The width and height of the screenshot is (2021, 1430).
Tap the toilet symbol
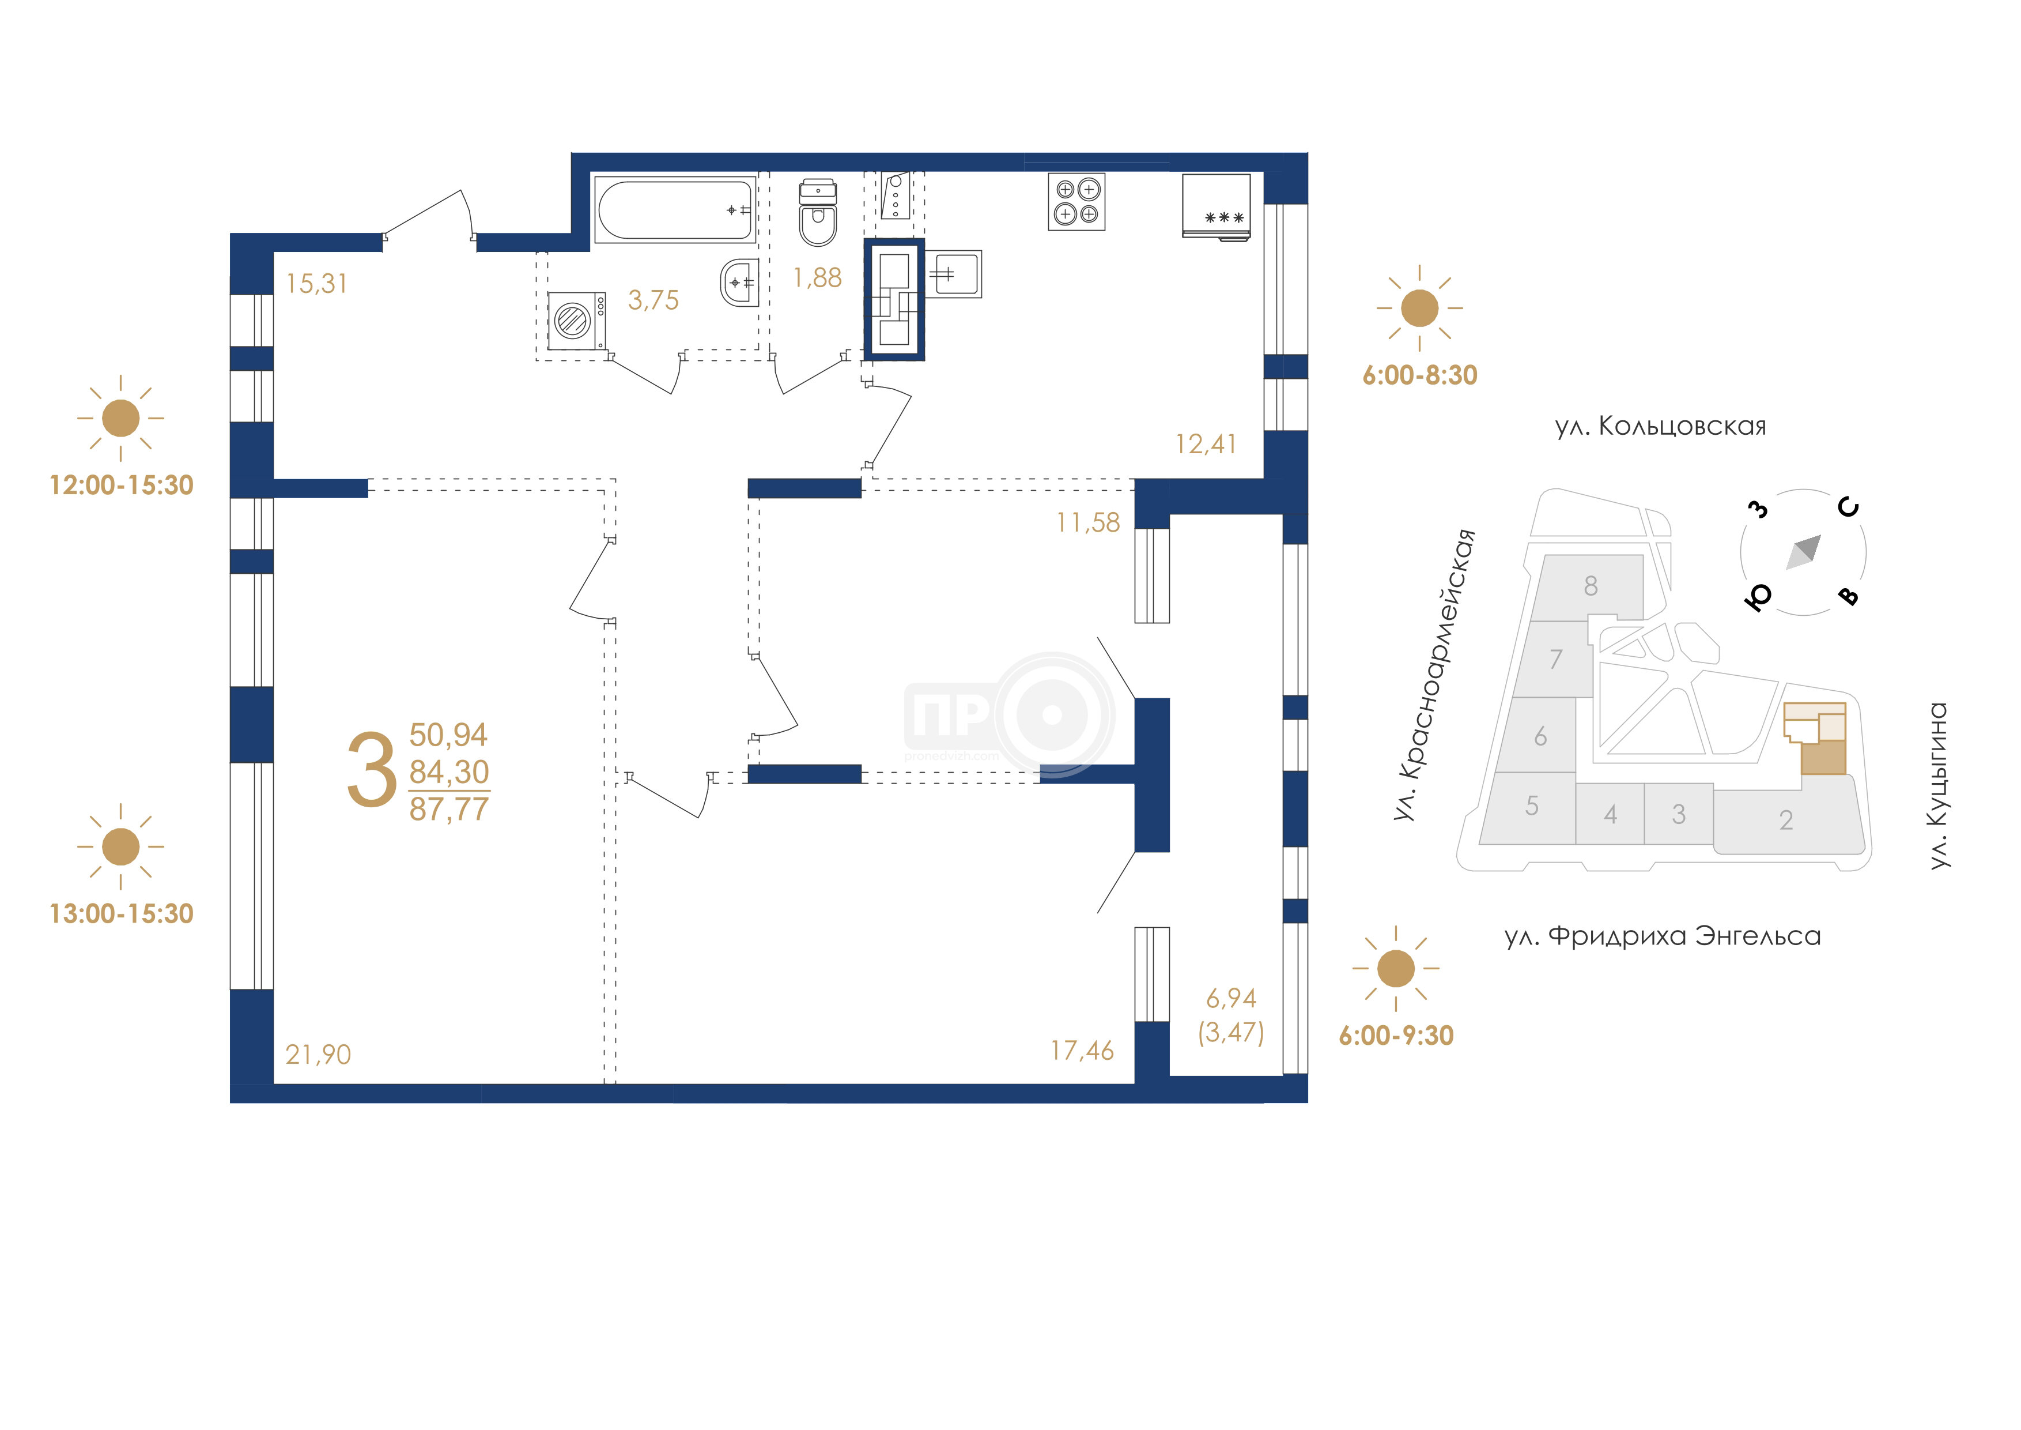coord(818,213)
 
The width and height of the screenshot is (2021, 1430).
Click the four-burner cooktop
coord(1076,202)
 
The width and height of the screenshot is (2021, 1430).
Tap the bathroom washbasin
coord(739,283)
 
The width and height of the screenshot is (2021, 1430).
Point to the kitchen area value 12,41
coord(1206,444)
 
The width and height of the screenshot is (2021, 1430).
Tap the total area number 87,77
coord(449,809)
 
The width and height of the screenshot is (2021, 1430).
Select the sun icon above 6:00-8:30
coord(1419,308)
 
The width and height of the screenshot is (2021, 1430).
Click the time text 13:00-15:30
coord(122,913)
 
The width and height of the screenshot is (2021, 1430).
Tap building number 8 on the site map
coord(1591,586)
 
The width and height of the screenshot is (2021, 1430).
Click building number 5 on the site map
coord(1532,806)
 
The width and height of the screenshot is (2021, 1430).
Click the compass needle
coord(1804,552)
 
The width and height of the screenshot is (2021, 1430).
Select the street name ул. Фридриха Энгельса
coord(1663,936)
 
